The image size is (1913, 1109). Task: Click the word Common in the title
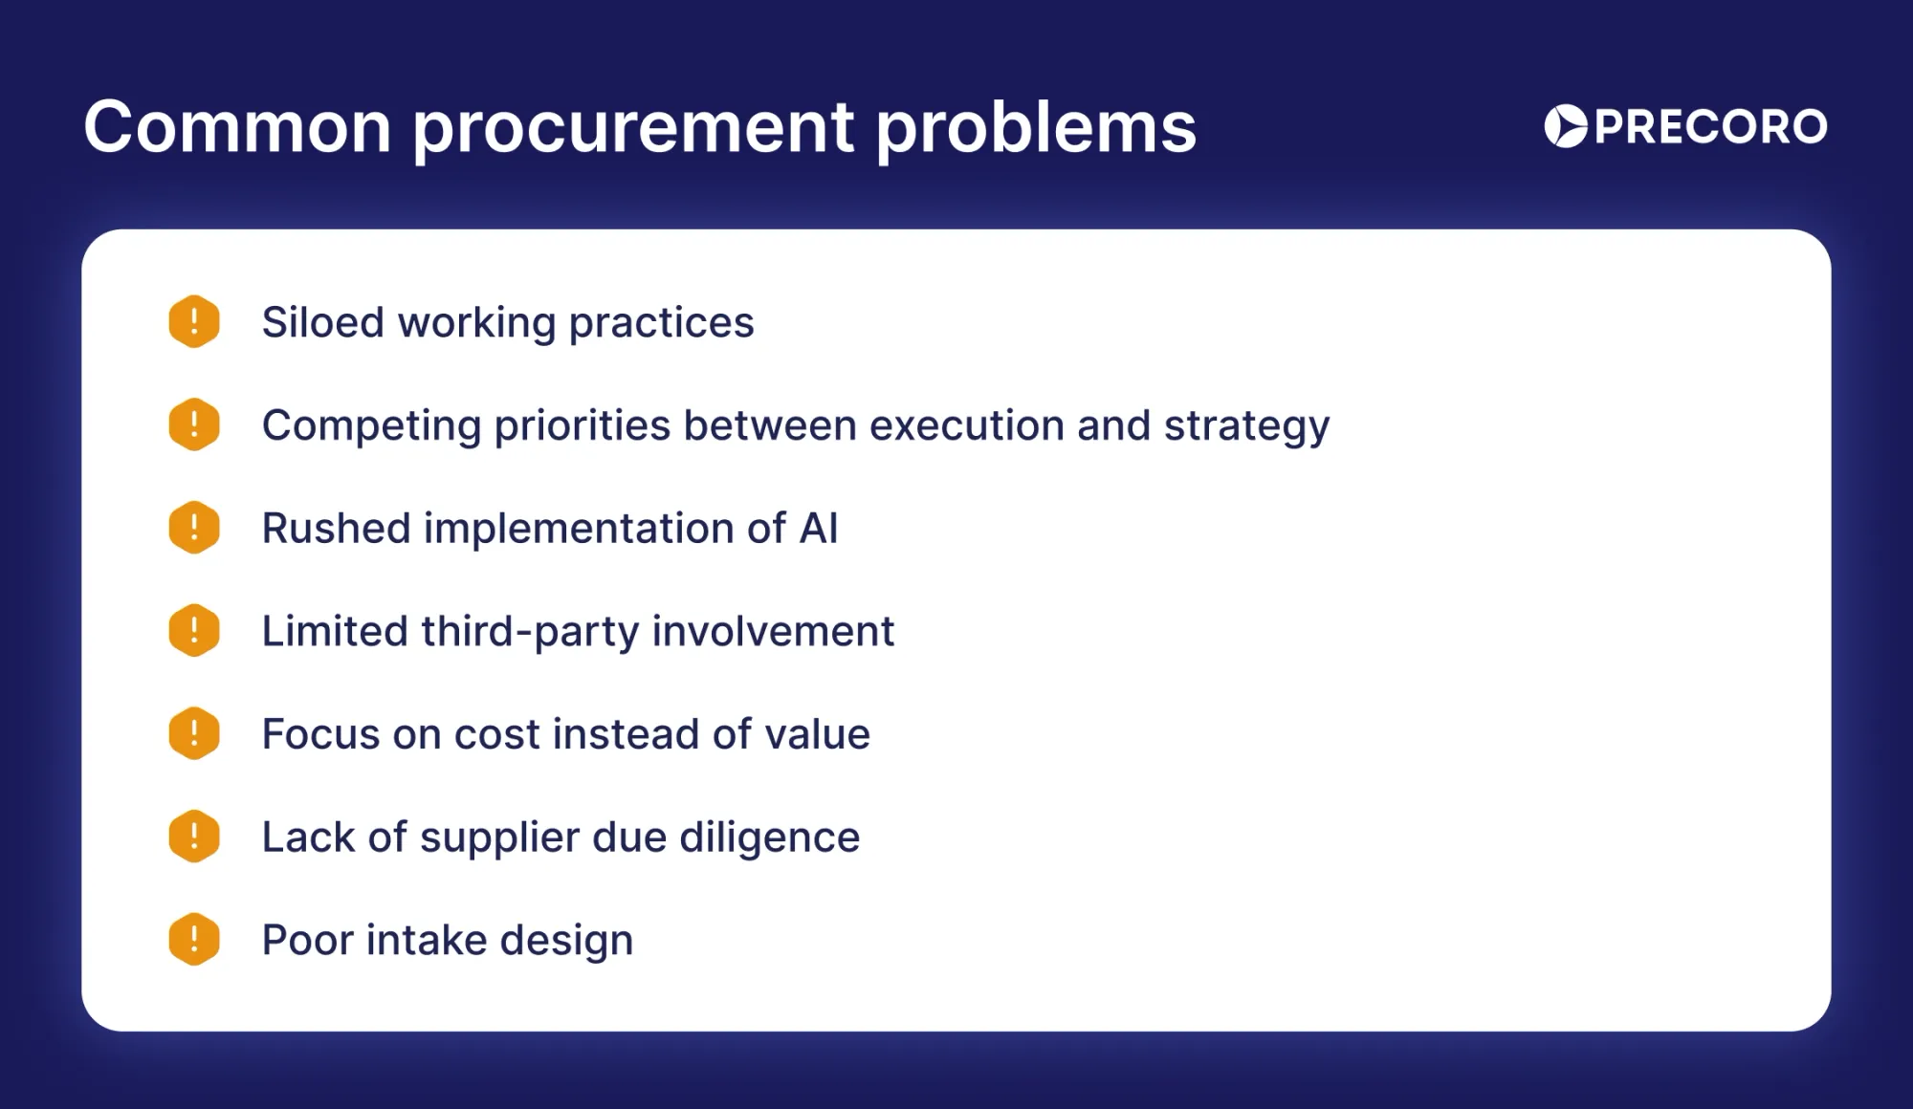point(238,126)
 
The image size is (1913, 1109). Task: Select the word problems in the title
point(1036,128)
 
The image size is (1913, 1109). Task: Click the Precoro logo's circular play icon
point(1566,126)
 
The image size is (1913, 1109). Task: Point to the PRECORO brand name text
point(1711,127)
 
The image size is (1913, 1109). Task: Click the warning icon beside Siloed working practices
point(194,321)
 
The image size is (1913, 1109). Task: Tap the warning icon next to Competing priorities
point(194,424)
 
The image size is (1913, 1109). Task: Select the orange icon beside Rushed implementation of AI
point(194,528)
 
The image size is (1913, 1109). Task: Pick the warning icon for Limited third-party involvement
point(194,630)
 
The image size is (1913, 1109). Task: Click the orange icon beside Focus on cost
point(194,733)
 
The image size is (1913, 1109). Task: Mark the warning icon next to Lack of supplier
point(194,837)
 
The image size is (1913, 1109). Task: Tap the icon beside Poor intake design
point(194,939)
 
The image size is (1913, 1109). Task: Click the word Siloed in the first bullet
point(323,322)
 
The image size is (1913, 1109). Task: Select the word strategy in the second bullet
point(1246,427)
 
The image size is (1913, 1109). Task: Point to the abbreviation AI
point(819,529)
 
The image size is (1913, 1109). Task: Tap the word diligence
point(770,838)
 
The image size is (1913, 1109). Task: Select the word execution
point(967,425)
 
